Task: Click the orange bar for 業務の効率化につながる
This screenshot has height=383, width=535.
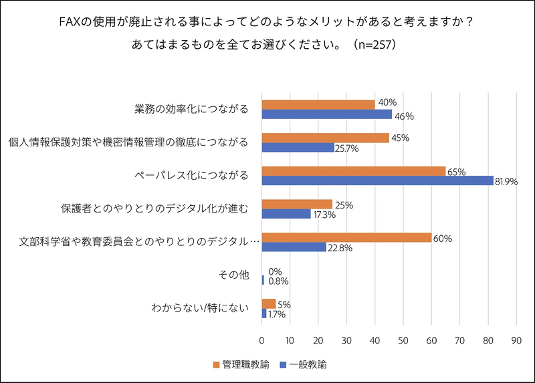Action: (x=318, y=104)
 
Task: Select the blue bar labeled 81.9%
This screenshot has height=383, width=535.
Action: (x=377, y=180)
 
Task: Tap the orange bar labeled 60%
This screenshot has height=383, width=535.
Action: (x=346, y=237)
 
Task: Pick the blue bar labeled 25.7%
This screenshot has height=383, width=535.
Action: (x=298, y=148)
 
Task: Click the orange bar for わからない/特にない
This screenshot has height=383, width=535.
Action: (x=269, y=303)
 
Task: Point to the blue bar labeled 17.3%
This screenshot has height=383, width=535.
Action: (x=286, y=214)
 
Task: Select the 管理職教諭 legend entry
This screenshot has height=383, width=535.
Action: (x=241, y=364)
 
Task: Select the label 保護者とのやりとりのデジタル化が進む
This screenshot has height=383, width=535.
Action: (x=155, y=209)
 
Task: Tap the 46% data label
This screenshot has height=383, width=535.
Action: (x=404, y=116)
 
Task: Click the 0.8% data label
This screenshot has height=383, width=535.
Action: (x=278, y=281)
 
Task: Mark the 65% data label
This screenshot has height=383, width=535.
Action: (x=456, y=171)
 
